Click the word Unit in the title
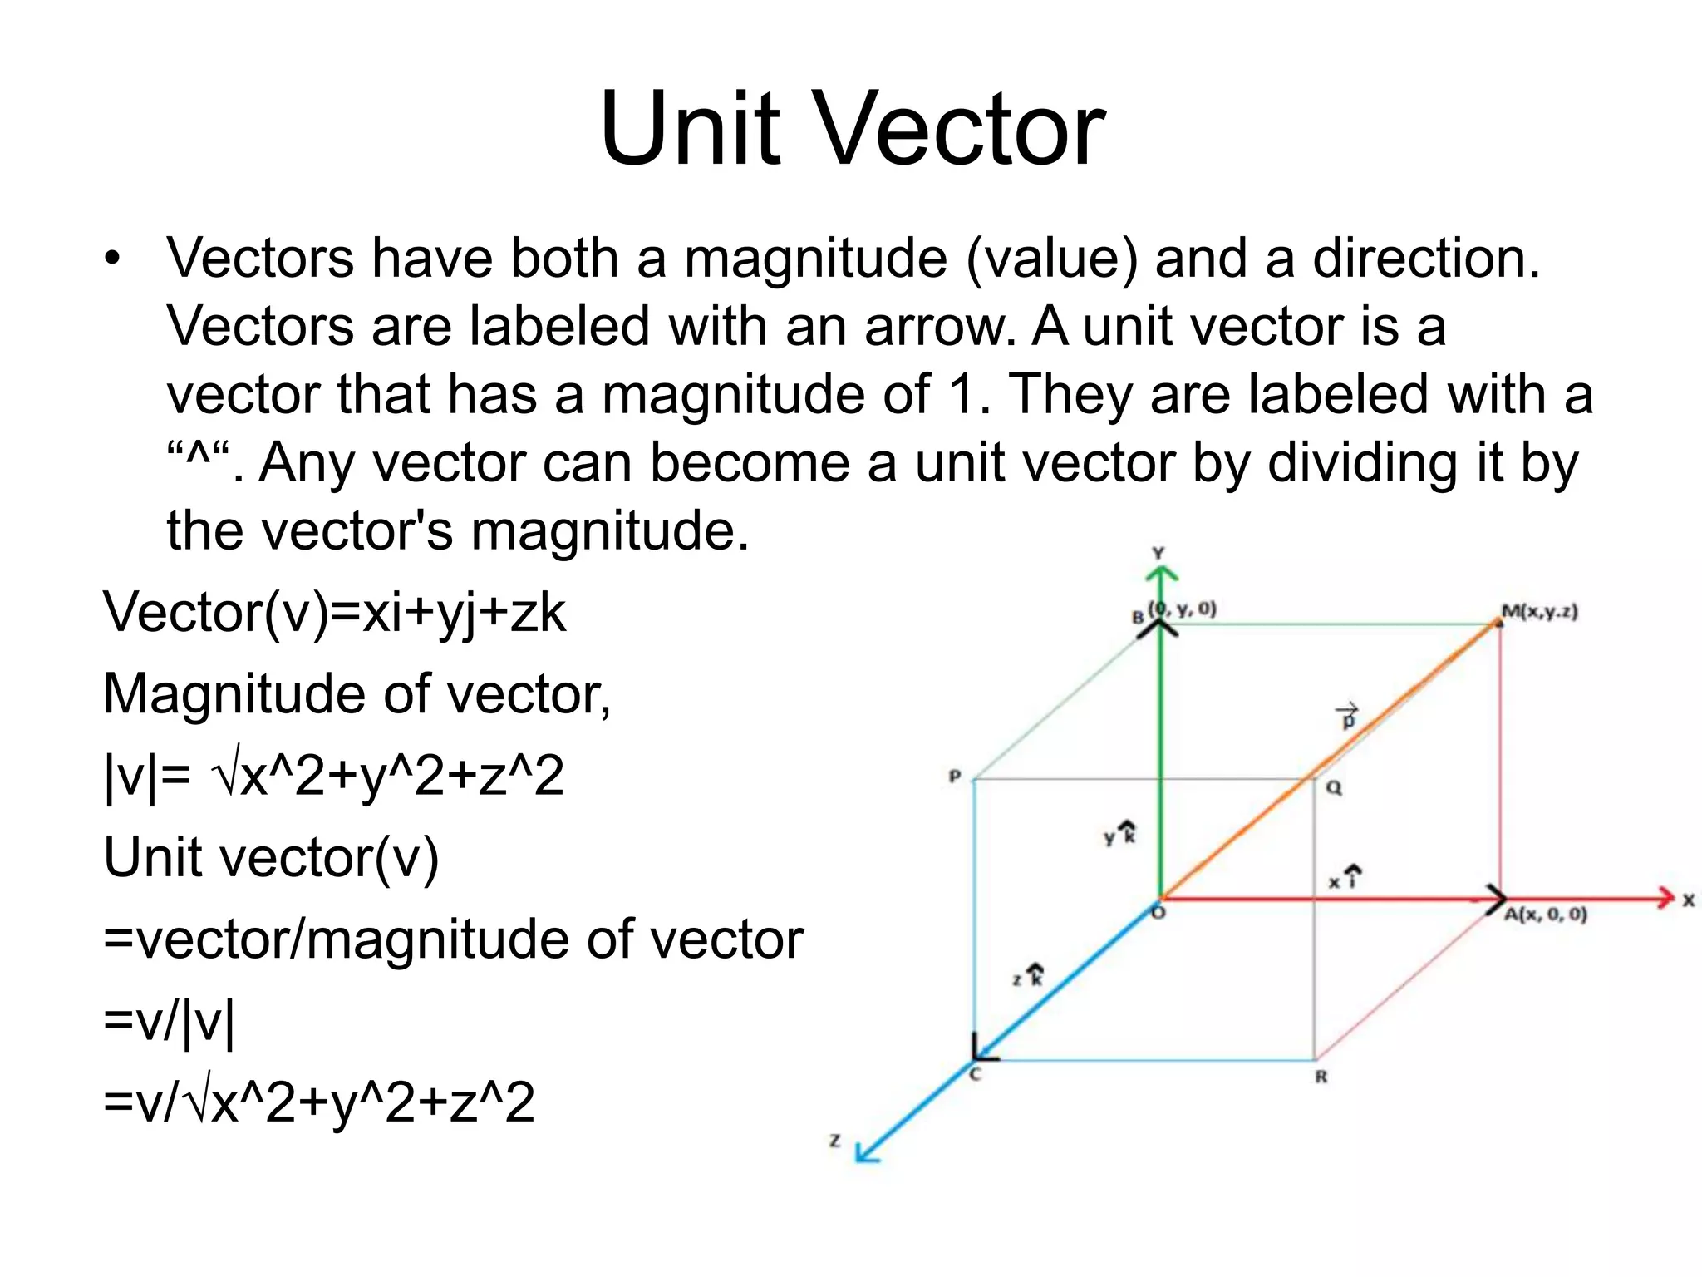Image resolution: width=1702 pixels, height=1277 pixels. (x=690, y=129)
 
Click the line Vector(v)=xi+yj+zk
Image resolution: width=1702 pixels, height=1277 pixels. (x=334, y=613)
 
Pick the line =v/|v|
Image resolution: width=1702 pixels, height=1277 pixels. (x=170, y=1022)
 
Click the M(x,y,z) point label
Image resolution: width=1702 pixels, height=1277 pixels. (x=1539, y=612)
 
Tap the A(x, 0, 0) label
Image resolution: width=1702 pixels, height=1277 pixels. (x=1545, y=915)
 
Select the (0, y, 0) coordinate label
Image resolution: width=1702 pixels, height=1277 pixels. (x=1183, y=609)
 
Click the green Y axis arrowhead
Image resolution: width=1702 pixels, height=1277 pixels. (x=1161, y=574)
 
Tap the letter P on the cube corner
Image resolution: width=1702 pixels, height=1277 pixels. (x=955, y=777)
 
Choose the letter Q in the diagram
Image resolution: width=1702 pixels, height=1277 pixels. (x=1334, y=788)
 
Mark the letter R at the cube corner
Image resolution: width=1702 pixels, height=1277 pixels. (x=1321, y=1077)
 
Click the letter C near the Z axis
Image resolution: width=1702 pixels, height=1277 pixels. (x=976, y=1074)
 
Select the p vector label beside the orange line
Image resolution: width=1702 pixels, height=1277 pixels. (x=1348, y=717)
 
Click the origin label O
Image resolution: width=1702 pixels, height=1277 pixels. (x=1158, y=913)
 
